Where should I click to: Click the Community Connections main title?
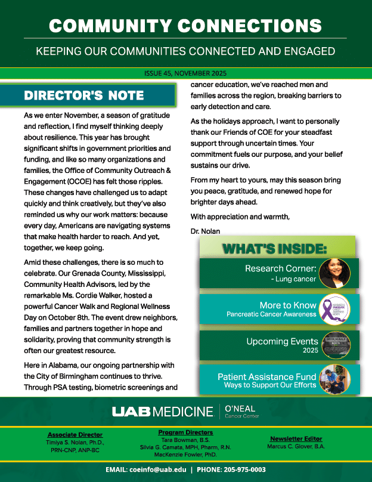click(185, 26)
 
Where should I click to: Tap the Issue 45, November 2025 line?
click(185, 75)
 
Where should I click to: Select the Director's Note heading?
click(83, 95)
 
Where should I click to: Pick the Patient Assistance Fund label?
click(266, 377)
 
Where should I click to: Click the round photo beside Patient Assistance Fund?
click(334, 379)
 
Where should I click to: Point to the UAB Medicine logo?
click(162, 412)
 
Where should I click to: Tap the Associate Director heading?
click(75, 435)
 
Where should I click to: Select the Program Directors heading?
click(185, 432)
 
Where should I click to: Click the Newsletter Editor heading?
click(296, 438)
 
